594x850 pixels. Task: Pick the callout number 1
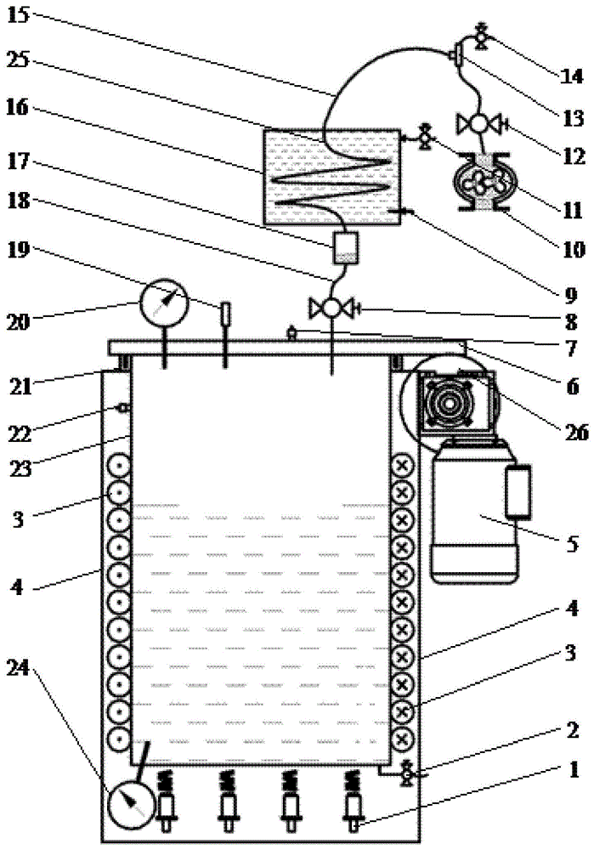click(x=573, y=770)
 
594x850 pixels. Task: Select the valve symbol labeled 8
click(x=332, y=308)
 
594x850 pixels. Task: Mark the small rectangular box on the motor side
click(x=518, y=490)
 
